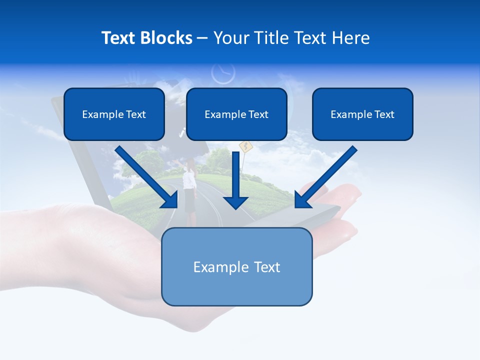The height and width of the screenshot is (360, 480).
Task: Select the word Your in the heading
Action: point(231,38)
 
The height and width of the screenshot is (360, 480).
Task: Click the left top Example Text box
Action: point(114,114)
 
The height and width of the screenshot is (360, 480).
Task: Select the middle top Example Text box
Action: point(236,114)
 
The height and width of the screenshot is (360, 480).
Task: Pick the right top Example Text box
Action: point(362,114)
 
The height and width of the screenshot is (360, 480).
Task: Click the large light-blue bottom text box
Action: point(236,266)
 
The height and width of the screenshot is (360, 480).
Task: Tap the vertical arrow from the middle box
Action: point(235,175)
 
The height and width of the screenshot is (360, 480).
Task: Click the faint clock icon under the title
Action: point(223,73)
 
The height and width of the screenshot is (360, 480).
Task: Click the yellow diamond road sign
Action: point(244,146)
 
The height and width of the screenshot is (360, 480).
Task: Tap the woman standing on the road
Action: point(189,190)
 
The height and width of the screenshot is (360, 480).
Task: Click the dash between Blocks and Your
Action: point(202,38)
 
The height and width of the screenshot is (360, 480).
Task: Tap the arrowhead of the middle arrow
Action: point(235,202)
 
